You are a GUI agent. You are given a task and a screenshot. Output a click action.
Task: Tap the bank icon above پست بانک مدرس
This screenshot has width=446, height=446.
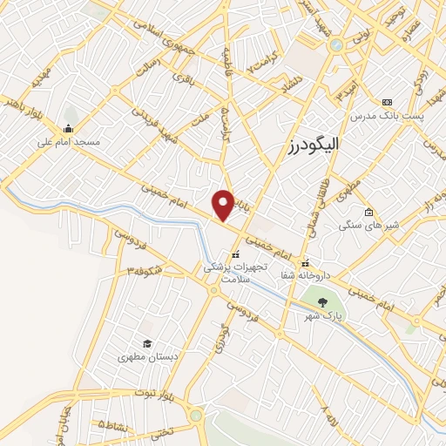pos(387,102)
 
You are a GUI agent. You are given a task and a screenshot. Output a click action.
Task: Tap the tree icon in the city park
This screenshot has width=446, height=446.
pos(323,302)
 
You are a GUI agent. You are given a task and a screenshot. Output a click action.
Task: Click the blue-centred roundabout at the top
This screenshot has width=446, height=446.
pos(336,45)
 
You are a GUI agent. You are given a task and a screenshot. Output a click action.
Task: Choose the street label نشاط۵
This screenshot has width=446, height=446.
pos(112,425)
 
